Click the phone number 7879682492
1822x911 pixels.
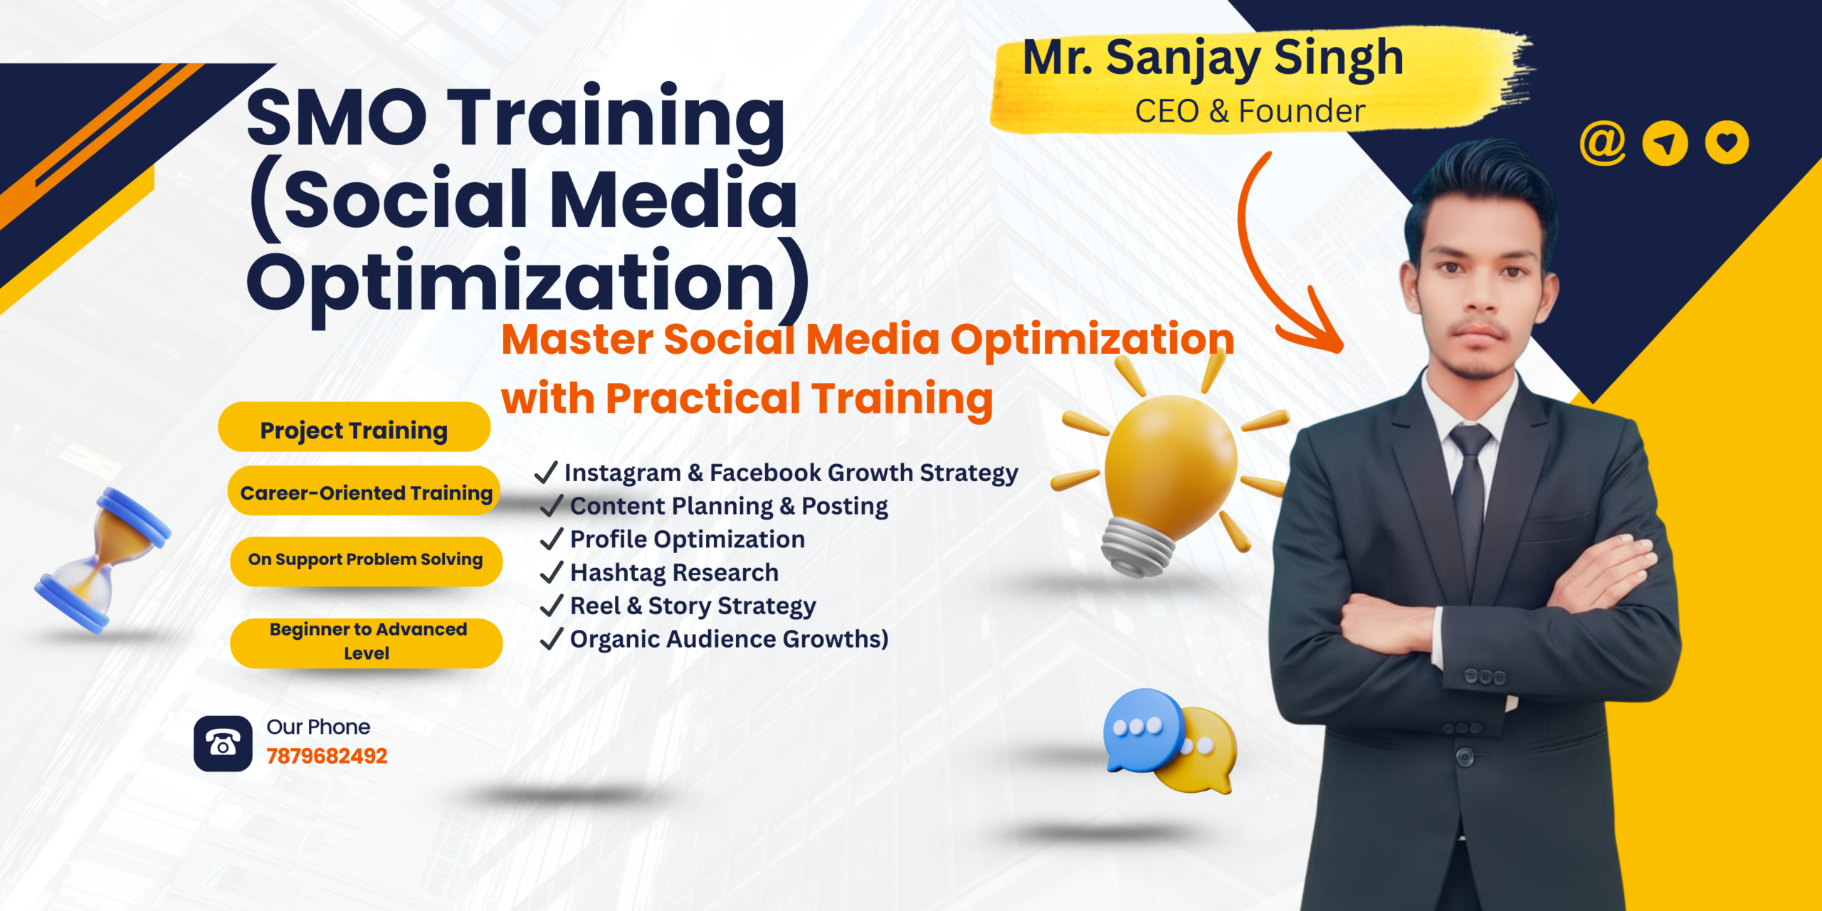pyautogui.click(x=327, y=756)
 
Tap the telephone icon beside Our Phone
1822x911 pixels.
pyautogui.click(x=223, y=744)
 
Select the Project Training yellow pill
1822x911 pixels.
pyautogui.click(x=354, y=427)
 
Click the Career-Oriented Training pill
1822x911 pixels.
pyautogui.click(x=364, y=490)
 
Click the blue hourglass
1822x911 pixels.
pyautogui.click(x=103, y=560)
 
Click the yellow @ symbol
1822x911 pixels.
pyautogui.click(x=1602, y=142)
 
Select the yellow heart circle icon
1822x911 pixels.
pyautogui.click(x=1727, y=142)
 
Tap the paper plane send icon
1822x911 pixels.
pyautogui.click(x=1665, y=143)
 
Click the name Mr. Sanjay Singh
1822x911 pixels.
pyautogui.click(x=1213, y=58)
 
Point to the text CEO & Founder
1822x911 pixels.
pyautogui.click(x=1250, y=111)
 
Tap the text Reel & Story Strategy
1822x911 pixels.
pyautogui.click(x=693, y=606)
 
